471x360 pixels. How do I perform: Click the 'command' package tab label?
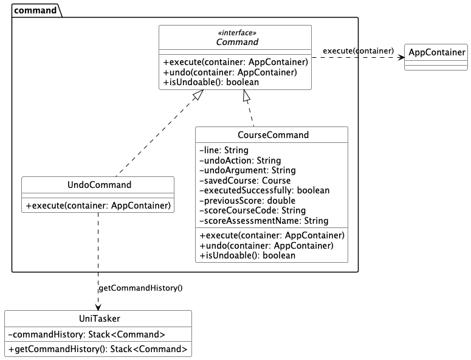pyautogui.click(x=35, y=10)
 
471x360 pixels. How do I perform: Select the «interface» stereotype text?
pyautogui.click(x=236, y=33)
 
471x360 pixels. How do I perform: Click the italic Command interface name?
pyautogui.click(x=236, y=43)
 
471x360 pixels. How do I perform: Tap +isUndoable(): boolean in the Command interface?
pyautogui.click(x=210, y=82)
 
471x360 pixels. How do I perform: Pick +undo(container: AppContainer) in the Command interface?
pyautogui.click(x=230, y=72)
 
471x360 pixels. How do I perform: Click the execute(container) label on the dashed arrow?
pyautogui.click(x=358, y=50)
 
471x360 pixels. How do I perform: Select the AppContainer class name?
pyautogui.click(x=436, y=53)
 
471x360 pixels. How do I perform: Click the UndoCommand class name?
pyautogui.click(x=98, y=185)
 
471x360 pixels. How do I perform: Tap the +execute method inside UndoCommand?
pyautogui.click(x=98, y=206)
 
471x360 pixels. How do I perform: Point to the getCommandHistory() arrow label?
pyautogui.click(x=140, y=288)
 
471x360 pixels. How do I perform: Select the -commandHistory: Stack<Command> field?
pyautogui.click(x=87, y=334)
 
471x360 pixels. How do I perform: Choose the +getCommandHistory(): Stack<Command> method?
pyautogui.click(x=98, y=349)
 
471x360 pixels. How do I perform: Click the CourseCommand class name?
pyautogui.click(x=271, y=135)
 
